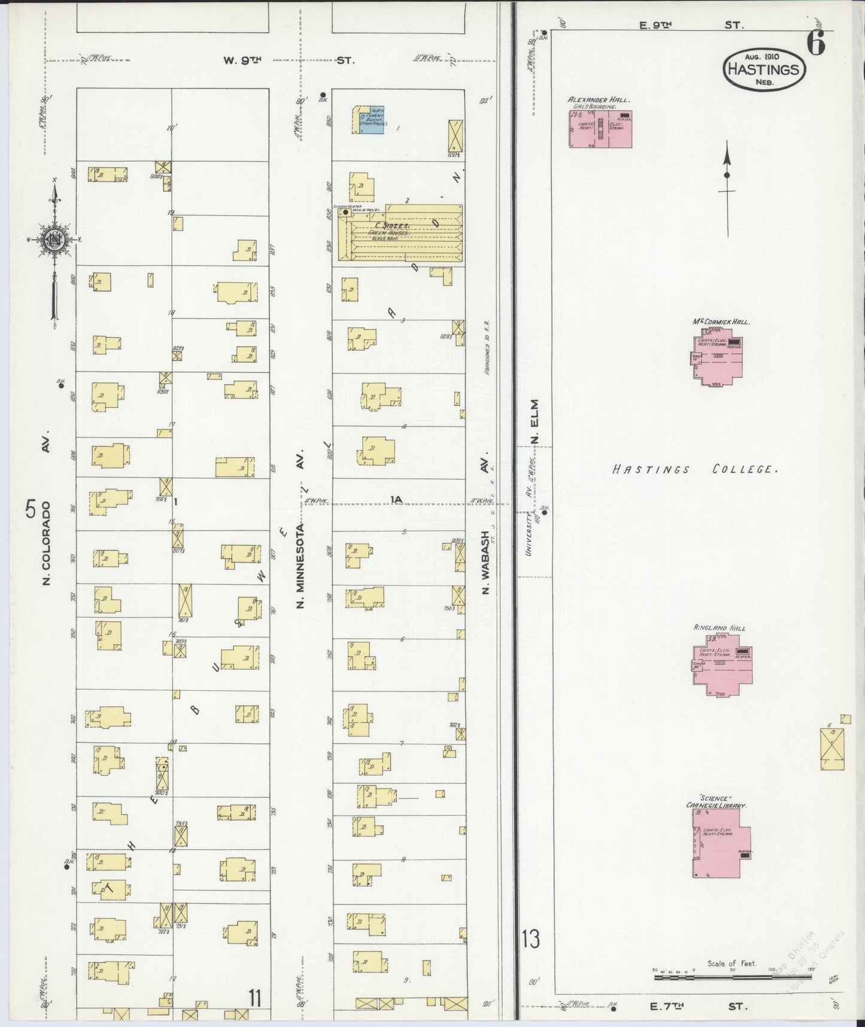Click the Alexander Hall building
[x=600, y=129]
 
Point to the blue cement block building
[x=368, y=120]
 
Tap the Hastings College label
[x=695, y=469]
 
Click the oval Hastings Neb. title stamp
[x=764, y=70]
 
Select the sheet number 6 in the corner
[x=815, y=44]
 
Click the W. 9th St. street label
[x=289, y=60]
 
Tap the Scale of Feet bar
[x=733, y=977]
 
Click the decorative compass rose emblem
[x=53, y=240]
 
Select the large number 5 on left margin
[x=31, y=509]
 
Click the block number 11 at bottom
[x=256, y=998]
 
